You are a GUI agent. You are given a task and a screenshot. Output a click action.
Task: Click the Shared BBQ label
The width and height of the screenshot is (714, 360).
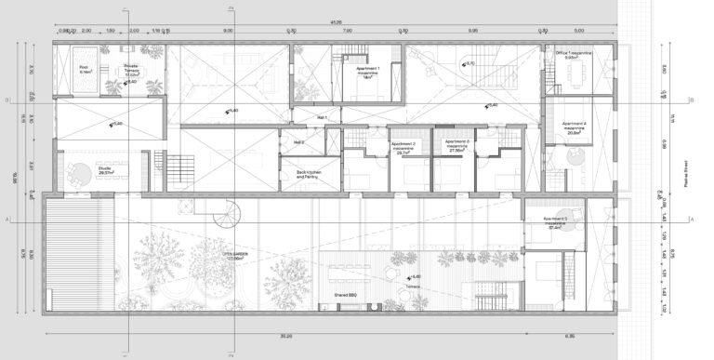345,297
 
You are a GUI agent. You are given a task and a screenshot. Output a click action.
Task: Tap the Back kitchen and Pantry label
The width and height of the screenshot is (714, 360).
309,175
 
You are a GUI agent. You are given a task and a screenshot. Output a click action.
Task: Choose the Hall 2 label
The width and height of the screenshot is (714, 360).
299,141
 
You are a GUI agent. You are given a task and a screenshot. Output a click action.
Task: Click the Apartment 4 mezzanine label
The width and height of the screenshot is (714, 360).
574,128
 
